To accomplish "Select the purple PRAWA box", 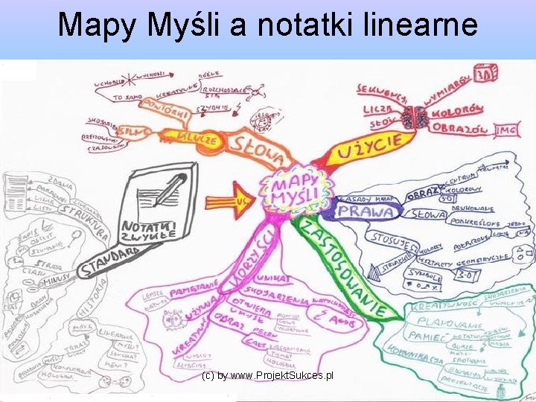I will [365, 211].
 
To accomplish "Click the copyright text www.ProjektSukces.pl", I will [267, 376].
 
